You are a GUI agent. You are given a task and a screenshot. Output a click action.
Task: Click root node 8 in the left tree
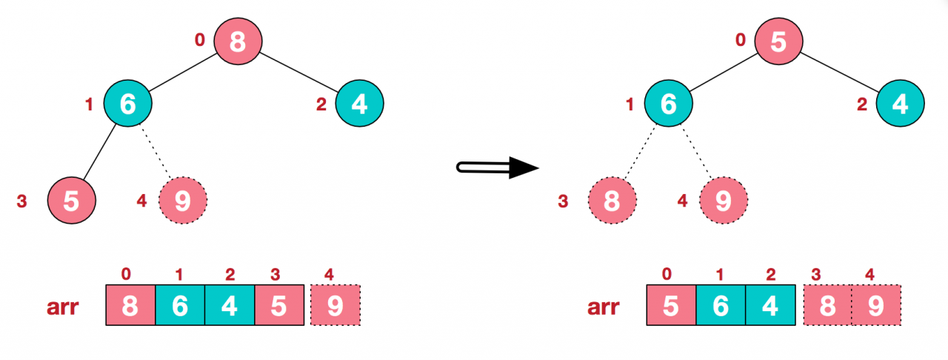point(238,41)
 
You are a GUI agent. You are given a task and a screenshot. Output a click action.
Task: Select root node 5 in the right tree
point(778,41)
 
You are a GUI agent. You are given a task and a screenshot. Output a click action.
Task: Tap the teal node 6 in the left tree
point(127,104)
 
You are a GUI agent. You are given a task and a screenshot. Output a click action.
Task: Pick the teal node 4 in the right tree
point(900,104)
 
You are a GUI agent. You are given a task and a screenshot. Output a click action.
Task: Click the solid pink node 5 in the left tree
point(72,200)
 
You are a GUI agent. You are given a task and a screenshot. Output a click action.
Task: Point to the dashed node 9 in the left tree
point(183,200)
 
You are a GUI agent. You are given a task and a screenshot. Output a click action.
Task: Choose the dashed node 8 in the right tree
point(612,200)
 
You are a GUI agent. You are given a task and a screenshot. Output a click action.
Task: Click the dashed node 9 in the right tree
point(724,200)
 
